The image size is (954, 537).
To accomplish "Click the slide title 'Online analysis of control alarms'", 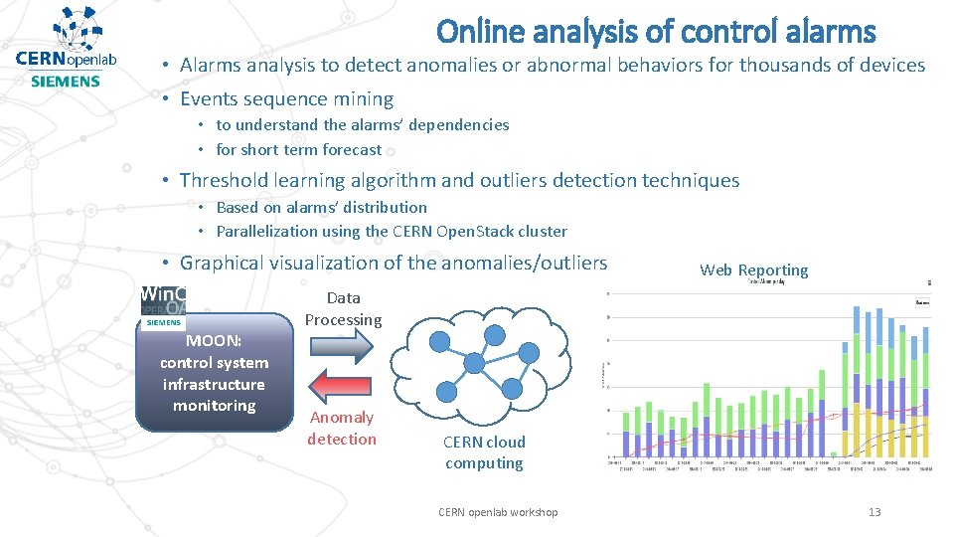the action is pyautogui.click(x=656, y=32).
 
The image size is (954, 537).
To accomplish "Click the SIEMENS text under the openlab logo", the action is pyautogui.click(x=66, y=81).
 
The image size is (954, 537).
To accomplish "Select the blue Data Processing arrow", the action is pyautogui.click(x=340, y=344).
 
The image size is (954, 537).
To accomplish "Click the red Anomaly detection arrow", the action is pyautogui.click(x=340, y=385).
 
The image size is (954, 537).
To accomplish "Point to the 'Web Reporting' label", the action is pyautogui.click(x=753, y=269).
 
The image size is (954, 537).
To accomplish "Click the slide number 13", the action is pyautogui.click(x=874, y=512).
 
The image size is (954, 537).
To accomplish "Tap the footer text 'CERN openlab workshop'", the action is pyautogui.click(x=498, y=512).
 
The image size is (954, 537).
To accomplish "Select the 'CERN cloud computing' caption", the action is pyautogui.click(x=484, y=452).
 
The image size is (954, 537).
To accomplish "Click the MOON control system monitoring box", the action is pyautogui.click(x=214, y=373).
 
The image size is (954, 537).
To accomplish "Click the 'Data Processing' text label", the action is pyautogui.click(x=343, y=308).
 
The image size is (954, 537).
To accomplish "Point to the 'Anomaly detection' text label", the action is pyautogui.click(x=342, y=428).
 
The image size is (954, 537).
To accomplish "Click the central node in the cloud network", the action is pyautogui.click(x=474, y=362).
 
